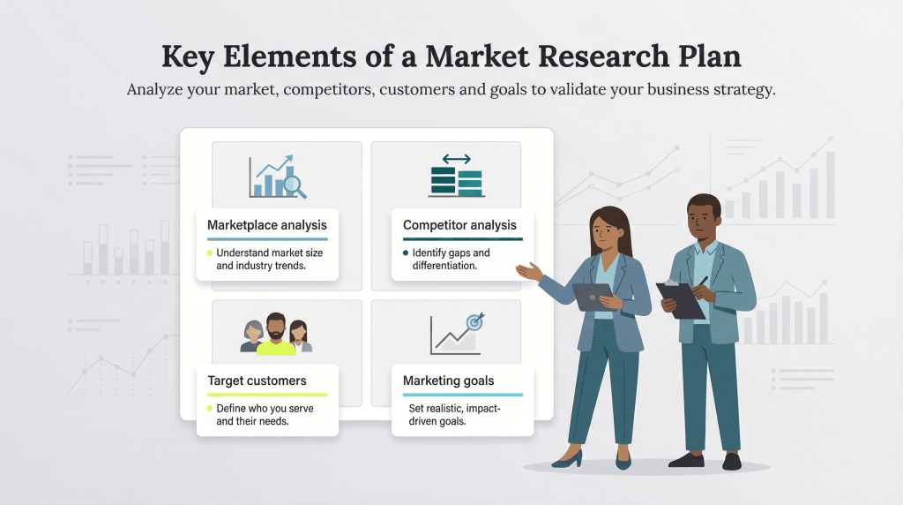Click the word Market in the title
[481, 57]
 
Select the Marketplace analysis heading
[266, 225]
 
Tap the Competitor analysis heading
[459, 225]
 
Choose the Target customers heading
[257, 381]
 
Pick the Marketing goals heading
[448, 381]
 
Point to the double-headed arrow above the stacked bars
[456, 159]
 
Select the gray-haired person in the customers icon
[252, 336]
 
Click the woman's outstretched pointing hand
[527, 270]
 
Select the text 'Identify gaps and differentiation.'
[451, 260]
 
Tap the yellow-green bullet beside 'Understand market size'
[209, 253]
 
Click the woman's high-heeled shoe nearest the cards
[569, 459]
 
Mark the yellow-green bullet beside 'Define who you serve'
[209, 409]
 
